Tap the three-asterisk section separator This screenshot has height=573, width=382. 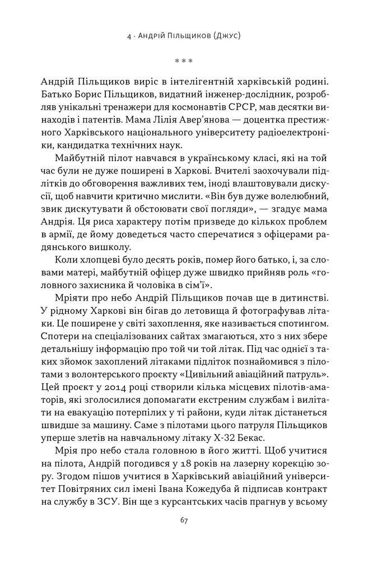[191, 60]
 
